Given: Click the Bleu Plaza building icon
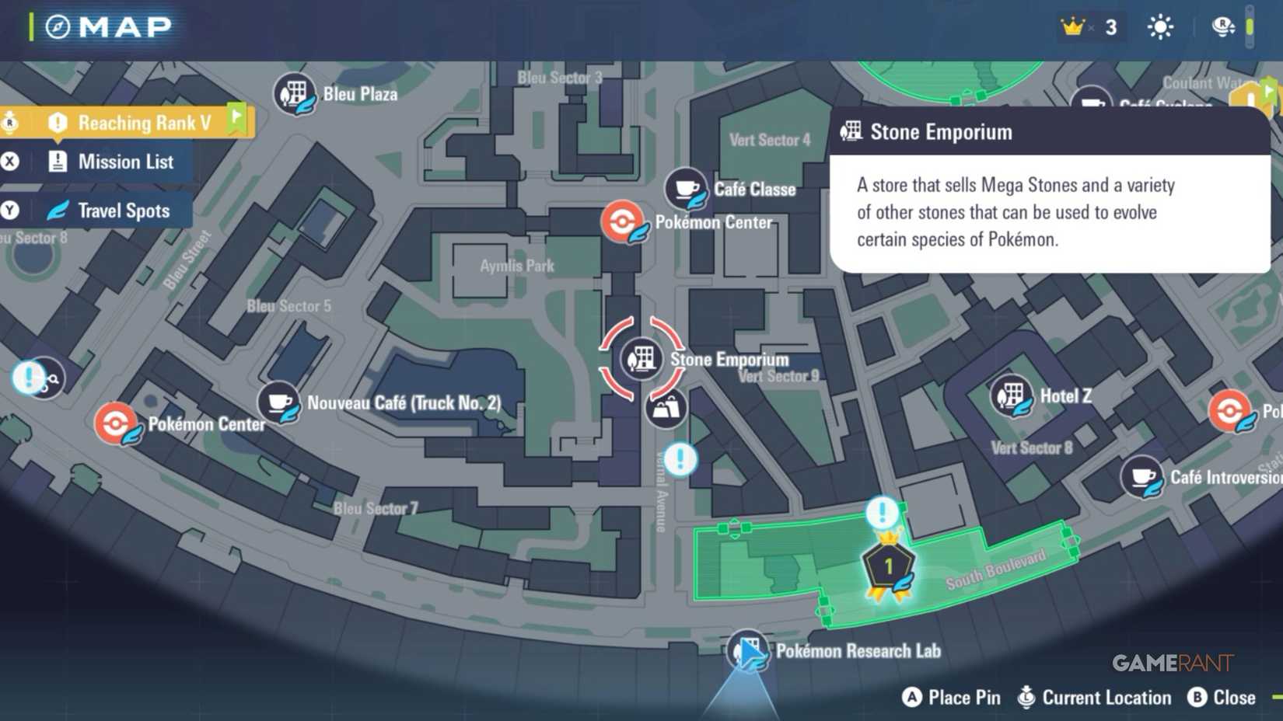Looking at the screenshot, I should pyautogui.click(x=294, y=94).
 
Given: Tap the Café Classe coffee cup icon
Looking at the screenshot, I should pyautogui.click(x=686, y=189).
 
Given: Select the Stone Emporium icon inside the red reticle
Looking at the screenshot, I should pyautogui.click(x=641, y=359).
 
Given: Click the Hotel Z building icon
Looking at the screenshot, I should pyautogui.click(x=1011, y=396).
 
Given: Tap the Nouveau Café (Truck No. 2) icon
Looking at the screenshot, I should pyautogui.click(x=278, y=402).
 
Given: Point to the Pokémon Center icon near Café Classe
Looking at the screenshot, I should pyautogui.click(x=623, y=222).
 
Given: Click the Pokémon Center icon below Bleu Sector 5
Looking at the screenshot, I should pyautogui.click(x=117, y=423).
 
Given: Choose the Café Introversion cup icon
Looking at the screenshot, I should pyautogui.click(x=1141, y=477).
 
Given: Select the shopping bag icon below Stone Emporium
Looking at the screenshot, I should pyautogui.click(x=666, y=409).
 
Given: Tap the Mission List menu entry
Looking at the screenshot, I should pyautogui.click(x=124, y=162).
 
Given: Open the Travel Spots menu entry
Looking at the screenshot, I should pyautogui.click(x=123, y=211).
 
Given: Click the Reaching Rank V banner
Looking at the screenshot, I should pyautogui.click(x=144, y=123).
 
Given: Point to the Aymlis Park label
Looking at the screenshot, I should pyautogui.click(x=517, y=266).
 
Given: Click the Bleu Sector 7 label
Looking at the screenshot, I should pyautogui.click(x=376, y=508).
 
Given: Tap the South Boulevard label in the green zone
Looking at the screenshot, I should pyautogui.click(x=995, y=570).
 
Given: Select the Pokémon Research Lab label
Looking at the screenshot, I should pyautogui.click(x=858, y=651).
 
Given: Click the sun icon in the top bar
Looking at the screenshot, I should pyautogui.click(x=1160, y=27).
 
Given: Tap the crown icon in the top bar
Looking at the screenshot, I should pyautogui.click(x=1072, y=27).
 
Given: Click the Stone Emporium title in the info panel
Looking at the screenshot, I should pyautogui.click(x=941, y=132).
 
